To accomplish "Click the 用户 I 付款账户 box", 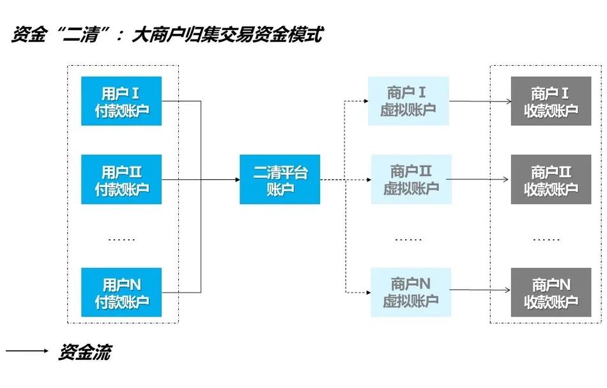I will [121, 101].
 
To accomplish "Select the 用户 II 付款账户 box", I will [121, 180].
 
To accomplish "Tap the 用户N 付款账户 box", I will [121, 292].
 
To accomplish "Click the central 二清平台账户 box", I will [279, 180].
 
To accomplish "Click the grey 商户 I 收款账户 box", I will [551, 101].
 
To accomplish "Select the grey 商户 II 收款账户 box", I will [551, 180].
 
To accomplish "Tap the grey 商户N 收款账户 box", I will [551, 292].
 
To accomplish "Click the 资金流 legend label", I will [84, 353].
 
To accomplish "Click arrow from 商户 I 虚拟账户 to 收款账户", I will [479, 101].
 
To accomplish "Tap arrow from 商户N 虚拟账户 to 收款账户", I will [479, 292].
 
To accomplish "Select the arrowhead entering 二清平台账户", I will [236, 180].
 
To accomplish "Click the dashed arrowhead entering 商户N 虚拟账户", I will [367, 292].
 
